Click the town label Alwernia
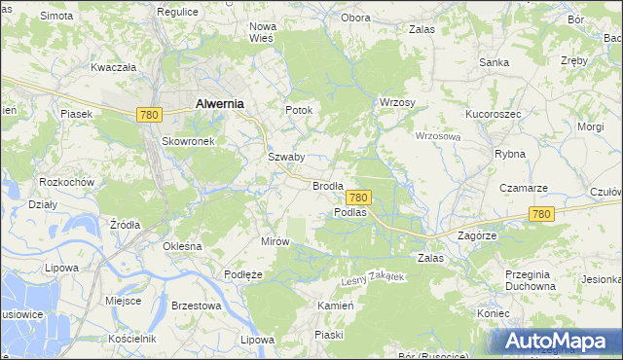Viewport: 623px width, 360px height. tap(219, 102)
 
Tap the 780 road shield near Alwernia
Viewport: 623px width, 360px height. tap(149, 115)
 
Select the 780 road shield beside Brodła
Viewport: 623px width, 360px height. tap(357, 197)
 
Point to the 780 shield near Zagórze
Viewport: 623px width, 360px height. tap(542, 214)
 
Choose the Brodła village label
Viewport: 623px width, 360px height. tap(328, 185)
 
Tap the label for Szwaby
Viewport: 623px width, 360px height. tap(287, 157)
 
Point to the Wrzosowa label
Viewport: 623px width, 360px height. tap(437, 136)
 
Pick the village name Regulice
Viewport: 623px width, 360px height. tap(177, 11)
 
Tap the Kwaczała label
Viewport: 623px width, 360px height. tap(113, 68)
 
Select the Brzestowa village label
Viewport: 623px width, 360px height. tap(196, 305)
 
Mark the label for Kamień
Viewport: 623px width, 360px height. tap(334, 306)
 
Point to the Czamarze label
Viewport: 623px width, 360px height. tap(524, 188)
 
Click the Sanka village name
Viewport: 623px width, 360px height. tap(495, 62)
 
